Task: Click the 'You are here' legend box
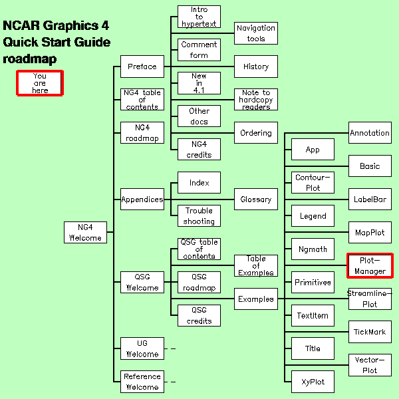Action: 40,83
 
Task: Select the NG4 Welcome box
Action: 86,232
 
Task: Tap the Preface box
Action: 142,66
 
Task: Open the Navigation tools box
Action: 256,33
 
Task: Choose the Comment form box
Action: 199,50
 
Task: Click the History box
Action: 256,66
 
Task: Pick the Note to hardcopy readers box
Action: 256,99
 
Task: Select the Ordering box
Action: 256,132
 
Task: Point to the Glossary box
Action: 256,199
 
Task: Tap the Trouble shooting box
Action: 199,215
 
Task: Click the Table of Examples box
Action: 256,265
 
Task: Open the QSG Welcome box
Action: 142,282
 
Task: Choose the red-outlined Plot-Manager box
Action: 370,265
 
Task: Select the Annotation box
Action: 370,132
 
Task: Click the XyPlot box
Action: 313,382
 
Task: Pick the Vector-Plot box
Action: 370,365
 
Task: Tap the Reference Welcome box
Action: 142,382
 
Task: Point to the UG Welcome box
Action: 142,348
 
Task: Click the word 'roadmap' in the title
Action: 29,59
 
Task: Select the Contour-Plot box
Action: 313,182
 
